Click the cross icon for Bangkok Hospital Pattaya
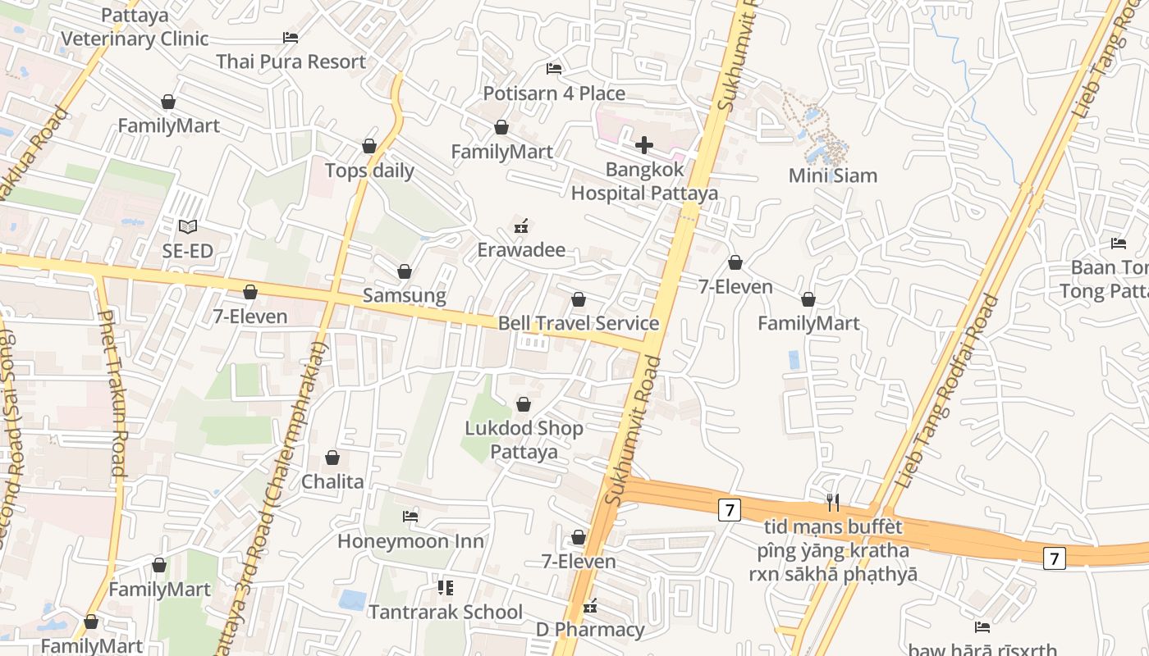pyautogui.click(x=644, y=146)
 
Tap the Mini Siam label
pyautogui.click(x=832, y=175)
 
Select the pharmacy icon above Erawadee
pyautogui.click(x=520, y=225)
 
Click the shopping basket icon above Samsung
pyautogui.click(x=405, y=271)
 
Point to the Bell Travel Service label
pyautogui.click(x=579, y=323)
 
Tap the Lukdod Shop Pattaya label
pyautogui.click(x=524, y=440)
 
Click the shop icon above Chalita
pyautogui.click(x=332, y=458)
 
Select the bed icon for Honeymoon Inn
pyautogui.click(x=410, y=516)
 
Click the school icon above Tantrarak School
pyautogui.click(x=446, y=587)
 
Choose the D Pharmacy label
pyautogui.click(x=590, y=630)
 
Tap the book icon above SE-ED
pyautogui.click(x=188, y=226)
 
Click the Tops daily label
pyautogui.click(x=369, y=171)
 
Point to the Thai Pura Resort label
pyautogui.click(x=291, y=61)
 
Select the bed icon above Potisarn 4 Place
pyautogui.click(x=554, y=68)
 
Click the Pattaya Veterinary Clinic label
pyautogui.click(x=135, y=27)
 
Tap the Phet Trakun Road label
pyautogui.click(x=111, y=394)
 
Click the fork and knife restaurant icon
pyautogui.click(x=833, y=502)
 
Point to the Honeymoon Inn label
pyautogui.click(x=410, y=541)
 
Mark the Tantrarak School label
pyautogui.click(x=446, y=612)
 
